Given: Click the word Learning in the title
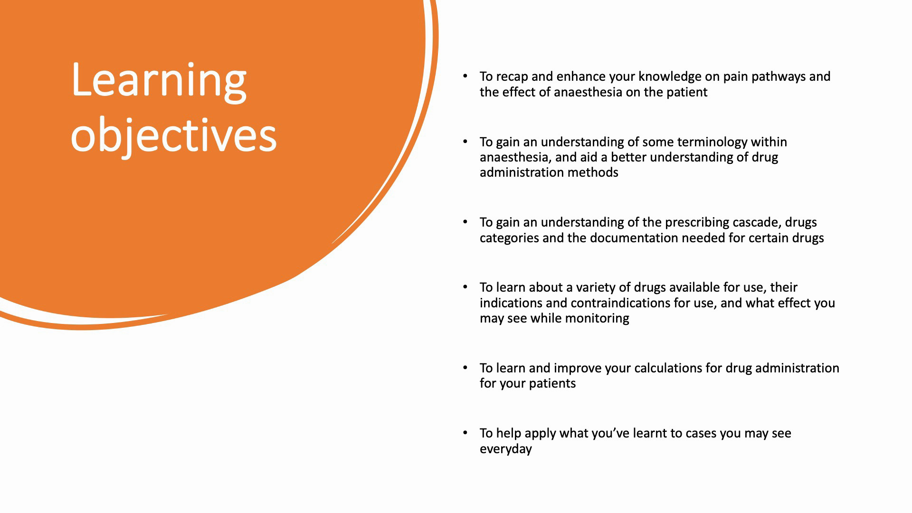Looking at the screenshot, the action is pyautogui.click(x=159, y=81).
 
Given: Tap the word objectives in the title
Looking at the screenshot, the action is pyautogui.click(x=173, y=135).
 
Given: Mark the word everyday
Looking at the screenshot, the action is pyautogui.click(x=506, y=449).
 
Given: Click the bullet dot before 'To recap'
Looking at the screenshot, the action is pyautogui.click(x=465, y=76).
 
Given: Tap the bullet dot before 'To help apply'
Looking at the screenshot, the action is pyautogui.click(x=465, y=433).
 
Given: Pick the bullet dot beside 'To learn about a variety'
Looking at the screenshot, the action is pyautogui.click(x=465, y=287).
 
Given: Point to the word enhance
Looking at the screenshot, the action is pyautogui.click(x=581, y=77).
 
